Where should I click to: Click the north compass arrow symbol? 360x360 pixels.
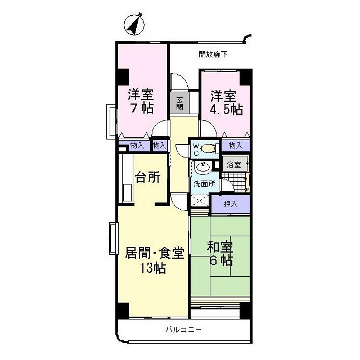(x=134, y=25)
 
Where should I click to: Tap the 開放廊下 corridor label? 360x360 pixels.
(x=213, y=55)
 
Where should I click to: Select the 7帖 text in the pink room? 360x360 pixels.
(x=141, y=108)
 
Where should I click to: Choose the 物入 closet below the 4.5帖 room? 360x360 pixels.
(x=235, y=145)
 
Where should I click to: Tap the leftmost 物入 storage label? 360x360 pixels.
(x=137, y=145)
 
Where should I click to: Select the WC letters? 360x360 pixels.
(x=196, y=149)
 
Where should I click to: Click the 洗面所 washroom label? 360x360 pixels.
(x=204, y=184)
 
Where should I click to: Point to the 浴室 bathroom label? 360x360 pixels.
(x=235, y=165)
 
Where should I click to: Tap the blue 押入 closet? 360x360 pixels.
(x=231, y=204)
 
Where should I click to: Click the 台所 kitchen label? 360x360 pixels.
(x=148, y=177)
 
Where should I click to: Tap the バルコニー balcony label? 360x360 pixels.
(x=183, y=329)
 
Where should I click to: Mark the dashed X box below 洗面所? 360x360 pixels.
(x=199, y=200)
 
